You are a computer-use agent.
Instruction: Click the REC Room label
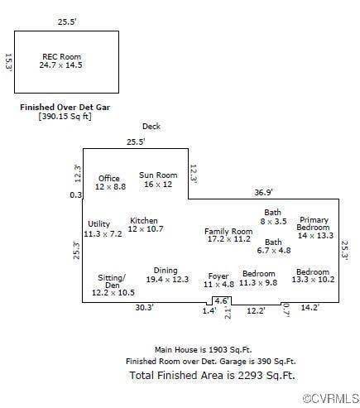pyautogui.click(x=61, y=57)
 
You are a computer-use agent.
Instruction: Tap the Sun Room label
pyautogui.click(x=158, y=175)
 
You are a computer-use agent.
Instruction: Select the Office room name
pyautogui.click(x=109, y=178)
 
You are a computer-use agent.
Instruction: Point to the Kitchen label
pyautogui.click(x=144, y=221)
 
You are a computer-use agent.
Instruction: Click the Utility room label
pyautogui.click(x=98, y=224)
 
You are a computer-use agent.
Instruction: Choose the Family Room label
pyautogui.click(x=228, y=232)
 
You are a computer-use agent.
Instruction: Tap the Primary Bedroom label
pyautogui.click(x=314, y=223)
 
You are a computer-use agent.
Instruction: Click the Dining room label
pyautogui.click(x=166, y=271)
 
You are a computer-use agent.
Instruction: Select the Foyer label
pyautogui.click(x=218, y=276)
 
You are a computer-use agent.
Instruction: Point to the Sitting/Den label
pyautogui.click(x=112, y=281)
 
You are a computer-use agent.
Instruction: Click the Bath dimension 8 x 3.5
pyautogui.click(x=273, y=221)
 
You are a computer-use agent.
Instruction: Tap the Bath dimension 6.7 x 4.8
pyautogui.click(x=274, y=251)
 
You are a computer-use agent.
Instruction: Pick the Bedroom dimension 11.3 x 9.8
pyautogui.click(x=258, y=283)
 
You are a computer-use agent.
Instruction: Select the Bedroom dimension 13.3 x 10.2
pyautogui.click(x=313, y=280)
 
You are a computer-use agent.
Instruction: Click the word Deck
pyautogui.click(x=151, y=127)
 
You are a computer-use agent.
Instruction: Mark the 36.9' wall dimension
pyautogui.click(x=263, y=192)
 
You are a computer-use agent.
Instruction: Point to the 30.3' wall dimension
pyautogui.click(x=144, y=307)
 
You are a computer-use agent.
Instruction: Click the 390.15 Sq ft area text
pyautogui.click(x=65, y=116)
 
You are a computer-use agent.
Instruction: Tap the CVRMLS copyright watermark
pyautogui.click(x=331, y=399)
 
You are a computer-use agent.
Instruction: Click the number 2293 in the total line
pyautogui.click(x=250, y=375)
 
